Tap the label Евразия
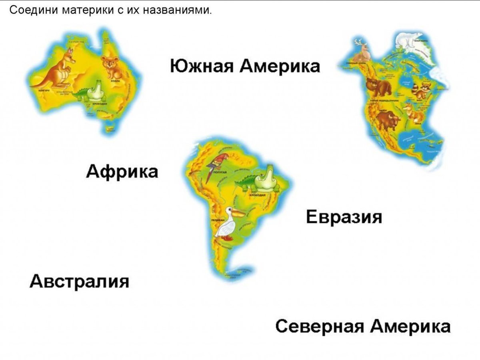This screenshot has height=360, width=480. tap(344, 218)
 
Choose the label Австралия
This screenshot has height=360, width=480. tap(80, 281)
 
